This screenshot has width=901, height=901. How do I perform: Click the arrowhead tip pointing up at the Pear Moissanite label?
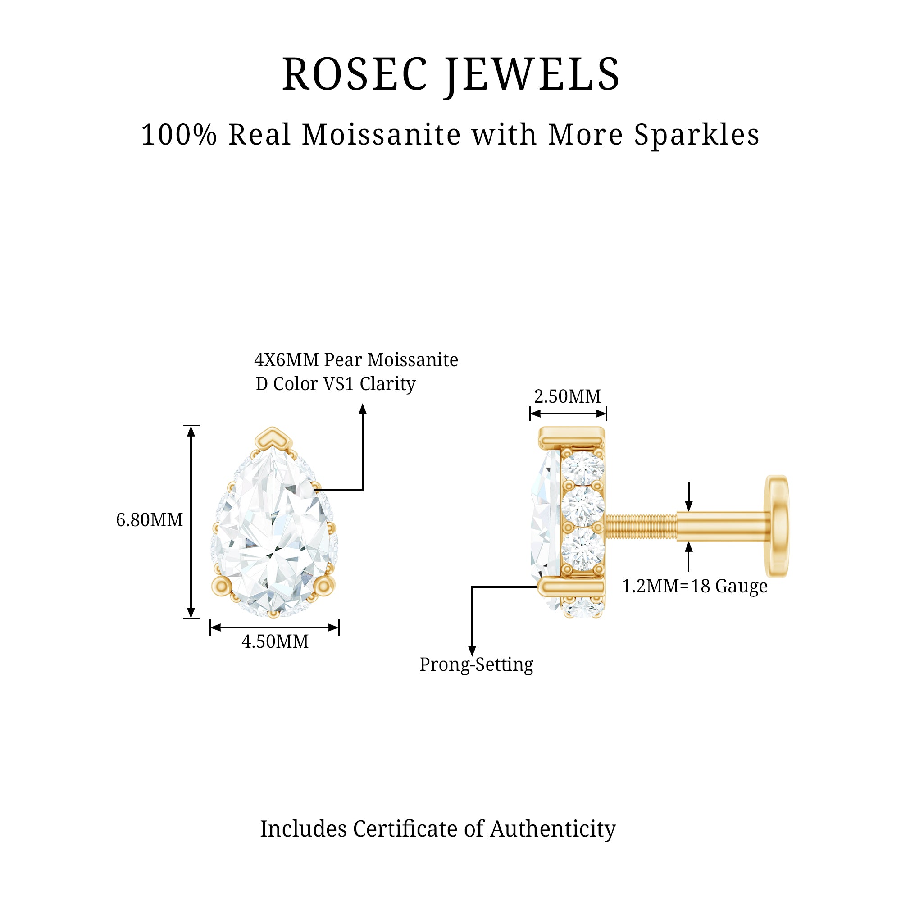coord(363,404)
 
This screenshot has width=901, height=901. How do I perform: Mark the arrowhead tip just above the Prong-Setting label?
coord(472,657)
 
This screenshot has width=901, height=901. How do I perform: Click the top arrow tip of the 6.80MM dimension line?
coord(191,426)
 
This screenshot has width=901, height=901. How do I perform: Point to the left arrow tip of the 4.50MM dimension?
coord(210,628)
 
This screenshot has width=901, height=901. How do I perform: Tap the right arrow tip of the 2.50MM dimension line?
coord(606,413)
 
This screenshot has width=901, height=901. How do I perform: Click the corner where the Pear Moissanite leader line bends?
coord(363,490)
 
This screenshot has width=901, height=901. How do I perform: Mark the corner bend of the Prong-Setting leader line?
coord(472,587)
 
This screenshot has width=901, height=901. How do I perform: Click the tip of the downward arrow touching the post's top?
coord(689,511)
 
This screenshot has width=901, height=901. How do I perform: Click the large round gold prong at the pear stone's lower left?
coord(222,586)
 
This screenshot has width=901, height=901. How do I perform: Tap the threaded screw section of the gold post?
coord(641,526)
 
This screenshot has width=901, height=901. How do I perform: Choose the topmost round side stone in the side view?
coord(582,468)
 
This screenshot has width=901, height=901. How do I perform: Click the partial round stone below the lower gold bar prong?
coord(583,608)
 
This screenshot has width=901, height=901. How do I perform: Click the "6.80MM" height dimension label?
coord(149,520)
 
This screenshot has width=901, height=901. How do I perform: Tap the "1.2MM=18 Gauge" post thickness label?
coord(695,586)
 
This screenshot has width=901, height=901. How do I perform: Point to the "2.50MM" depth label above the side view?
coord(568,396)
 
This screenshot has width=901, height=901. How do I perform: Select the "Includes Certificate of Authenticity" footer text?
coord(438,829)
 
